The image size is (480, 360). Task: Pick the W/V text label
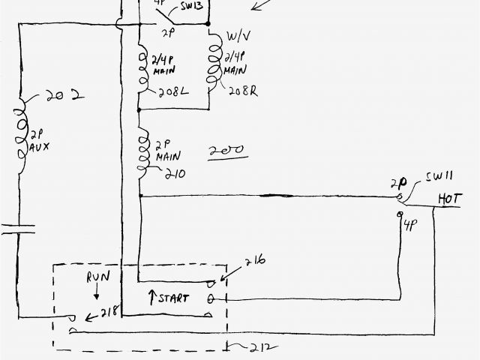pos(238,38)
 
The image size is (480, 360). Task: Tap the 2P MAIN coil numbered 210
pos(141,154)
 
